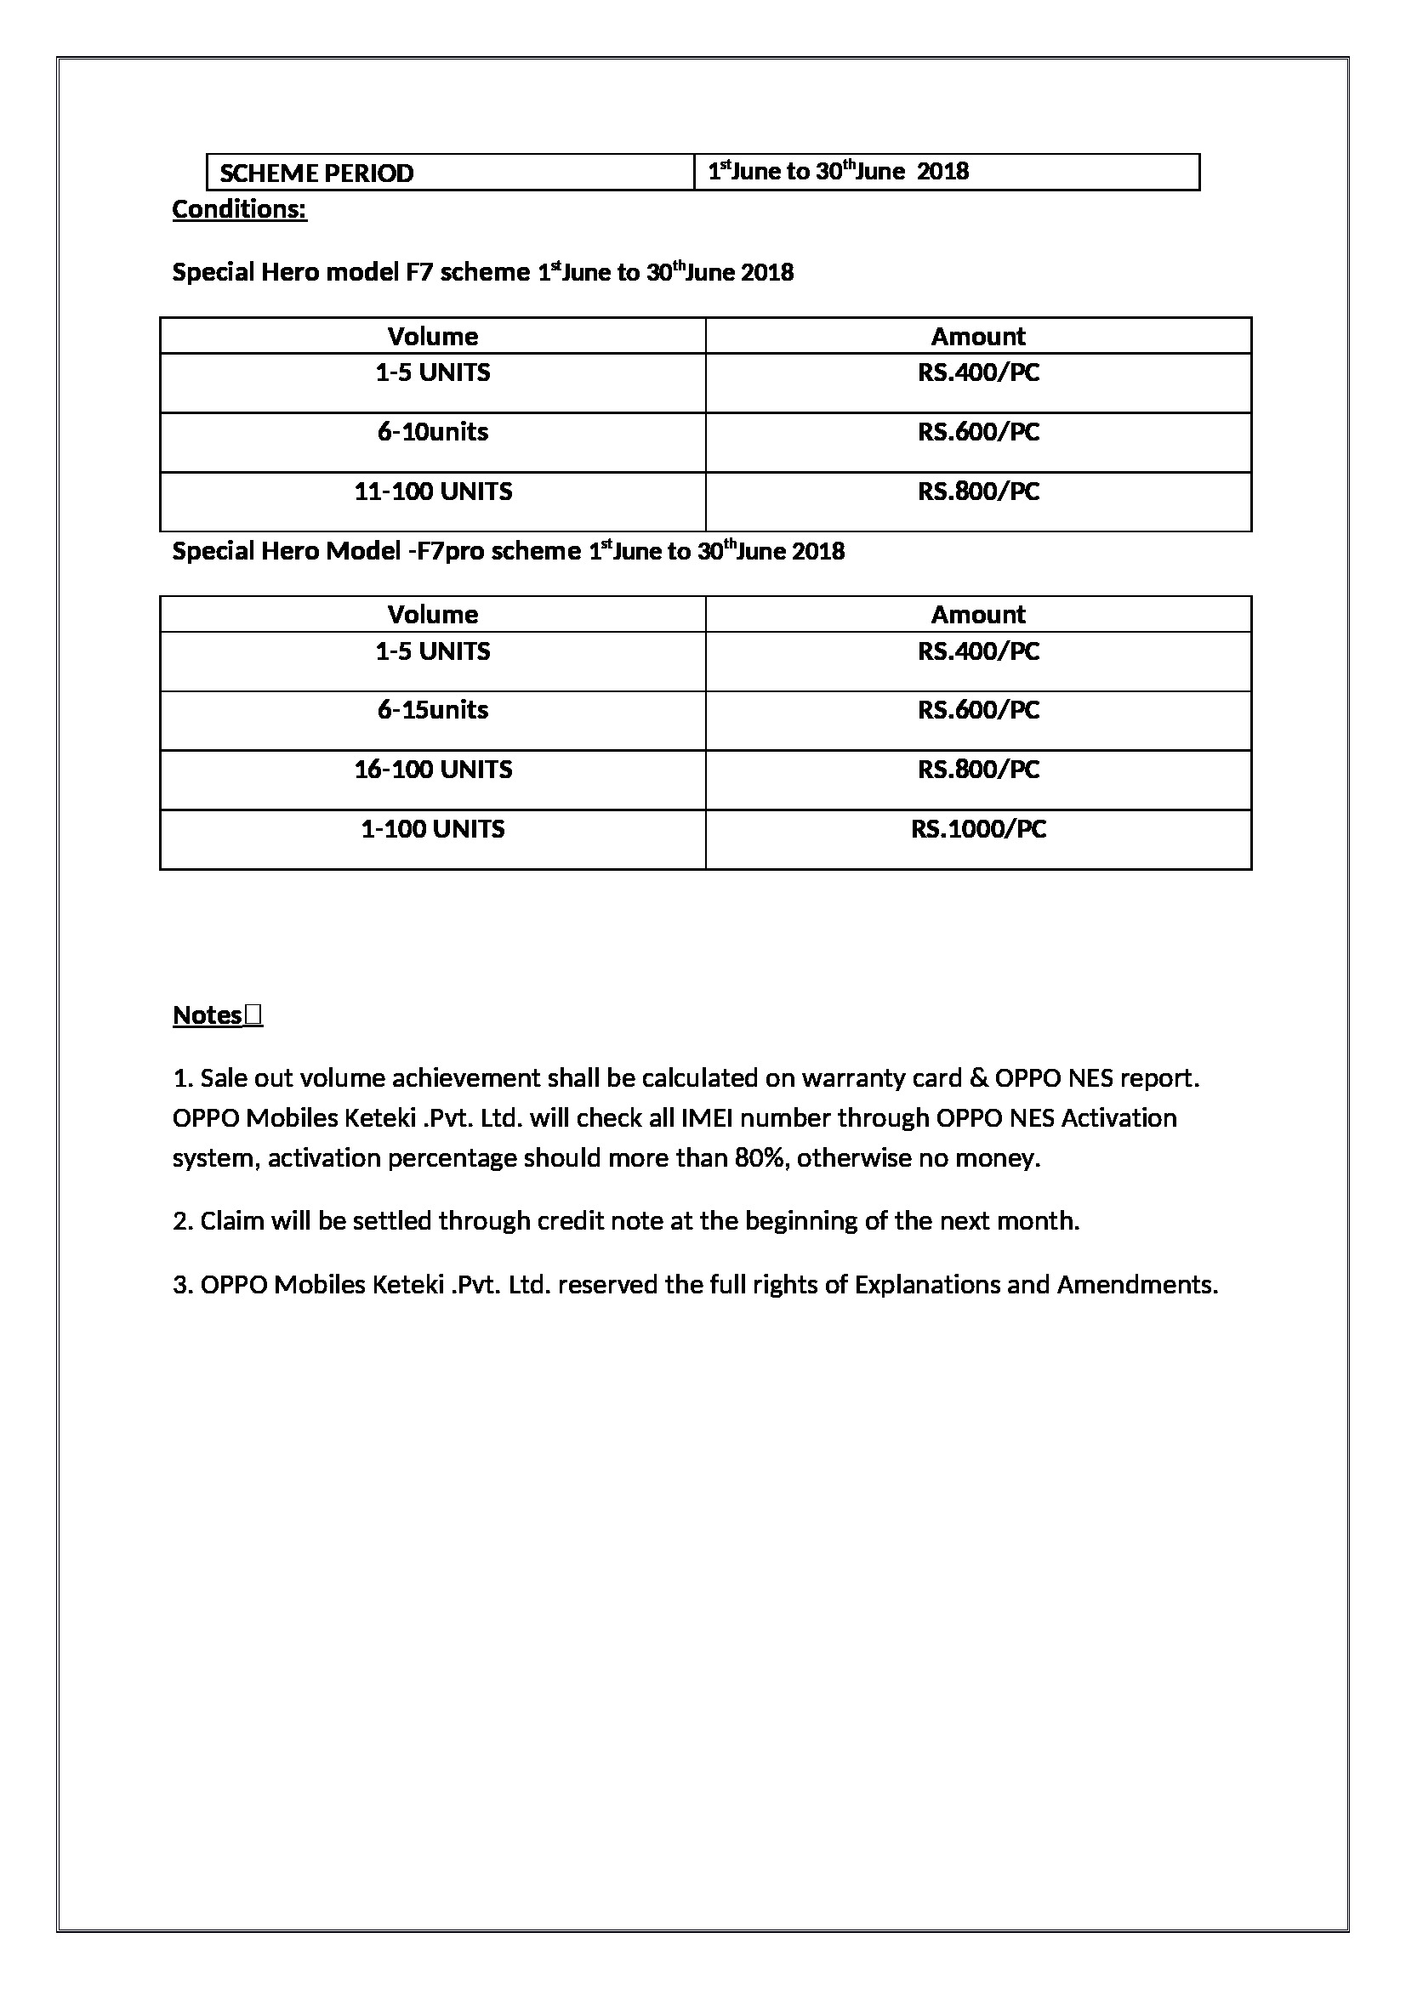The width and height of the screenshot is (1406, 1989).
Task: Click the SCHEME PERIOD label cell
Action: click(316, 173)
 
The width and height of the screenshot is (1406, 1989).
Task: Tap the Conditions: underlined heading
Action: click(239, 210)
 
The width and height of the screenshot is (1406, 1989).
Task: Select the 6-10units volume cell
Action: click(432, 431)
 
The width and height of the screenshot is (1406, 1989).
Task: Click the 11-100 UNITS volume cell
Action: click(432, 492)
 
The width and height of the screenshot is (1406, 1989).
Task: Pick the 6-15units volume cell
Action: click(432, 709)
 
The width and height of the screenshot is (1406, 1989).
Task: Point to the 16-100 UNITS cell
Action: click(432, 770)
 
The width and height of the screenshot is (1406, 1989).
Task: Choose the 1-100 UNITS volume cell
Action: click(432, 829)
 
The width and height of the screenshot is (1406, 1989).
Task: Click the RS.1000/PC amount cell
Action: click(978, 829)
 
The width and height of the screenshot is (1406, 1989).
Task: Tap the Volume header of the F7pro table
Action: click(432, 614)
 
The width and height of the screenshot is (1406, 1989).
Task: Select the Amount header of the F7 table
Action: click(978, 336)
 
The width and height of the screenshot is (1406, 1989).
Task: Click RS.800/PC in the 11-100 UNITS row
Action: click(978, 492)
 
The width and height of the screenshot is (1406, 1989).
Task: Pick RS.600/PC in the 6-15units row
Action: click(978, 709)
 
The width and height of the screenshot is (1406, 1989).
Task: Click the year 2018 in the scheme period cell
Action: click(942, 172)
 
